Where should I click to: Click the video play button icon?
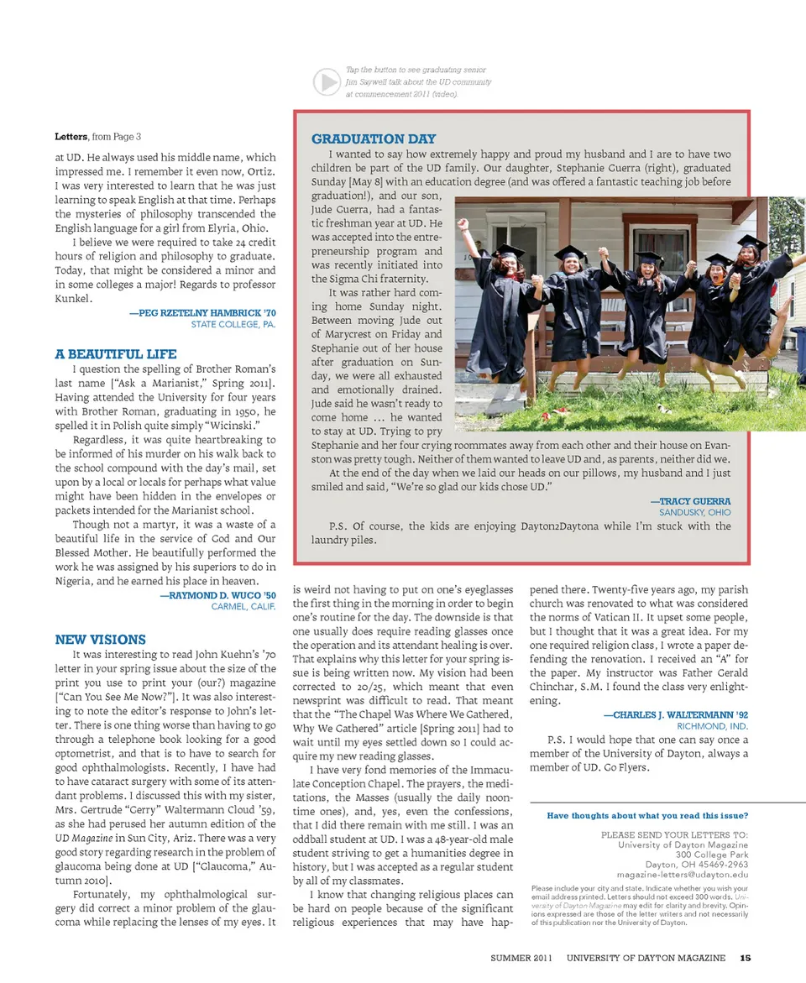[326, 81]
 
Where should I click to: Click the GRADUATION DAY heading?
[374, 139]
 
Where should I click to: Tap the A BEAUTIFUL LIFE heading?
[116, 354]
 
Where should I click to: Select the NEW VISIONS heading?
[101, 639]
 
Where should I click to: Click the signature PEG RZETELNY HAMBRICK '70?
[202, 312]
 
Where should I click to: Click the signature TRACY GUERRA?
[690, 500]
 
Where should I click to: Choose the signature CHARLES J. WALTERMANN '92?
[675, 714]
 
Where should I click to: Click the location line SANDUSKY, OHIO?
[694, 512]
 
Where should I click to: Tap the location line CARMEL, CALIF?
[243, 606]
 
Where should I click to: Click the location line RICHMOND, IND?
[712, 726]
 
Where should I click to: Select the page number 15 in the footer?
[745, 957]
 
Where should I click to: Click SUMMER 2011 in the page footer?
[522, 957]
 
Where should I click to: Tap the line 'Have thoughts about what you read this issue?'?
[647, 816]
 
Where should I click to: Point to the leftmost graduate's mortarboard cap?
[507, 251]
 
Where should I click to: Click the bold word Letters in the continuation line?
[71, 136]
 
